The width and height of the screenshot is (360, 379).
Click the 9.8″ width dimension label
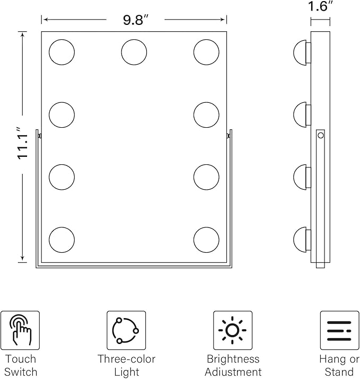pos(135,20)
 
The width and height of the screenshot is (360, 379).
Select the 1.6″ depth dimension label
pos(321,6)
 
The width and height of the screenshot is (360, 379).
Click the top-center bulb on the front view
pos(134,52)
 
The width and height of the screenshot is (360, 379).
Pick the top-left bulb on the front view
pos(62,52)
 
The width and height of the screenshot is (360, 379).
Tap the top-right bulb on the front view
pos(206,52)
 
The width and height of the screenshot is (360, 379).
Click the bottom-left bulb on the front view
pos(62,240)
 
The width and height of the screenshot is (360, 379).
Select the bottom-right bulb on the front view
pos(206,240)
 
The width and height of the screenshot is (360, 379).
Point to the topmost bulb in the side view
pos(302,52)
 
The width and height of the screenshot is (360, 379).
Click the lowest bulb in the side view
pos(302,240)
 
